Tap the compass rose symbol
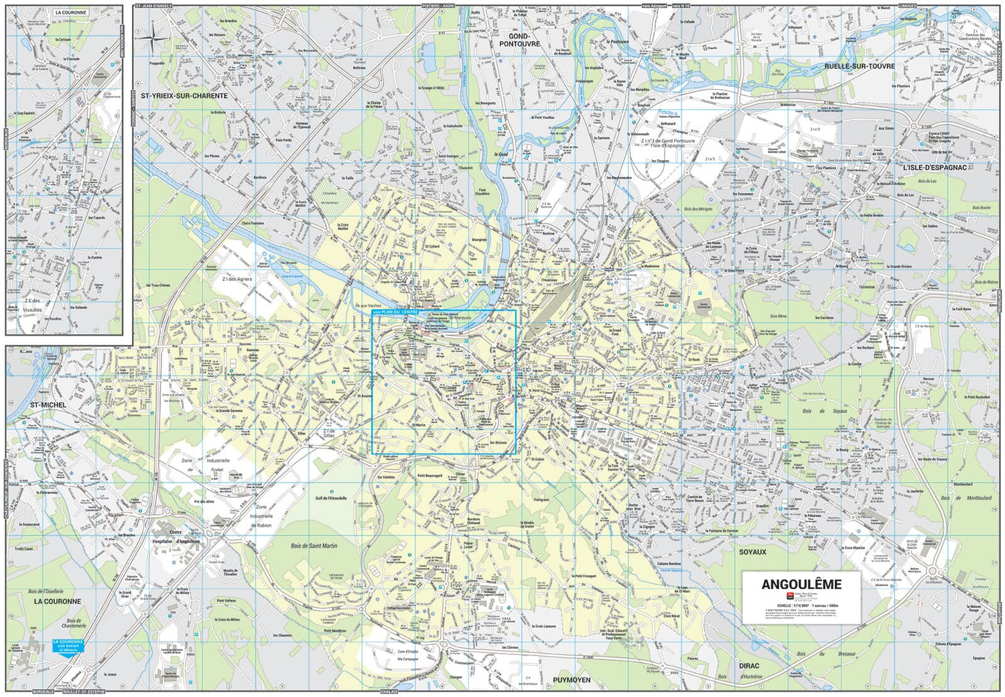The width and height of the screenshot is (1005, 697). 154,38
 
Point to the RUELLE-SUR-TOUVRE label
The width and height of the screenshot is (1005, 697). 859,66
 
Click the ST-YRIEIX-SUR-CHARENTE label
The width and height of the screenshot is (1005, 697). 184,96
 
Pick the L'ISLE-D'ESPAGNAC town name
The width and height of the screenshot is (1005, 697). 935,168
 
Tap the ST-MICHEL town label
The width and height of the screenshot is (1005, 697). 48,405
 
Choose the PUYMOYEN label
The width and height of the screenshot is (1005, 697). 572,680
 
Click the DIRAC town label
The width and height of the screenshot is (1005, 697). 749,666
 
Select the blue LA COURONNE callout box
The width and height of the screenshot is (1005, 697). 68,645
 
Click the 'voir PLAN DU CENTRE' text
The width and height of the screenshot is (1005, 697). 395,312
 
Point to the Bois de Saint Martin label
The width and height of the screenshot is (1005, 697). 314,546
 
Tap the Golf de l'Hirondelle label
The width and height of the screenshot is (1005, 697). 331,498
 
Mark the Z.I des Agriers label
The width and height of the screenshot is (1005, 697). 237,279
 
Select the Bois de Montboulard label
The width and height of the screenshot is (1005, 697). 965,498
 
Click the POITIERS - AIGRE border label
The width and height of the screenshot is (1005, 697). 438,5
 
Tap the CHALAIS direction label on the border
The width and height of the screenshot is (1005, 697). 389,692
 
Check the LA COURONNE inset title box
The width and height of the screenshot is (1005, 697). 70,13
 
